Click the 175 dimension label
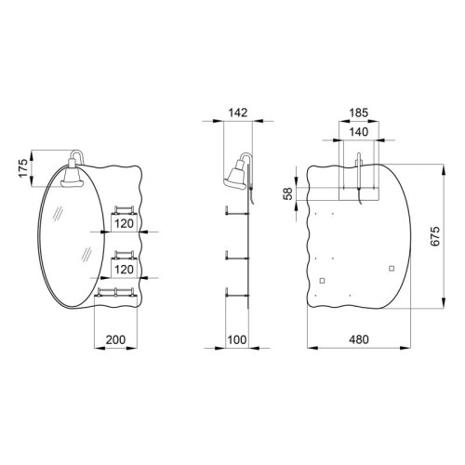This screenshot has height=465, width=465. click(x=23, y=168)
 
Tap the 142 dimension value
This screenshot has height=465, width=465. click(x=238, y=113)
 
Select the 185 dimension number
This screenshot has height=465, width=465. click(x=359, y=113)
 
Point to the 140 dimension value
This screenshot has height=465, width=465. click(x=359, y=132)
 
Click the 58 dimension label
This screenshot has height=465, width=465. click(x=288, y=193)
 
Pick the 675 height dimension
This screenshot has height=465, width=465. click(x=435, y=236)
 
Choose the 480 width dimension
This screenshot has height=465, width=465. click(x=359, y=339)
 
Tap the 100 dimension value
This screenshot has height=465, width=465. click(x=237, y=339)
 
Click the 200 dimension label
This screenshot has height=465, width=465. click(x=115, y=339)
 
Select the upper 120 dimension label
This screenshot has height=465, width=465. click(x=124, y=223)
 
